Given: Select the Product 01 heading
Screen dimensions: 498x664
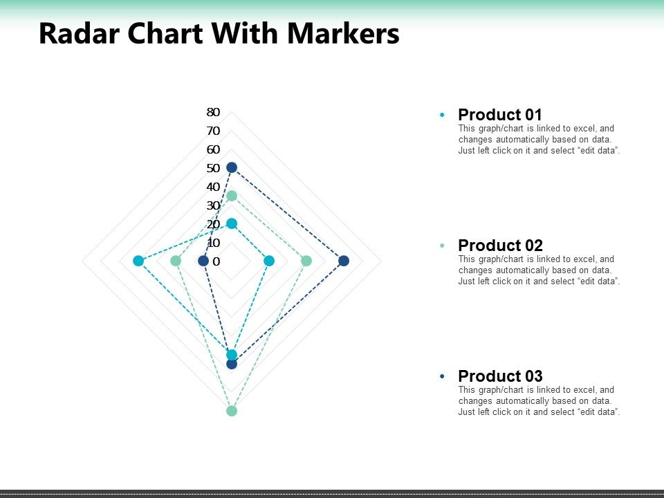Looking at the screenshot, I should (x=500, y=115).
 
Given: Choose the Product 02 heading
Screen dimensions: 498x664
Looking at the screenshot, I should (x=500, y=246).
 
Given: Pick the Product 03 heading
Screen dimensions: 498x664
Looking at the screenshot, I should (x=500, y=376).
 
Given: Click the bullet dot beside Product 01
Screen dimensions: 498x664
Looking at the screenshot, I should (x=442, y=115).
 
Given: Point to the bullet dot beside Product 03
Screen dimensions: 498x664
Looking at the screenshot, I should (x=442, y=376).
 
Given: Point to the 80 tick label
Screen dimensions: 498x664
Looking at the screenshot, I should (x=213, y=112).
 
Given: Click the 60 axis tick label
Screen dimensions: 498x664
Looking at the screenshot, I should (x=213, y=149).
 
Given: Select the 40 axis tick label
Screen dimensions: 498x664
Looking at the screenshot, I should (x=213, y=187).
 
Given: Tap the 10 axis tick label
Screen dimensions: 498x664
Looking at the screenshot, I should (x=213, y=243).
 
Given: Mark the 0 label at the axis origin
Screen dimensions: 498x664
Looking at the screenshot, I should (x=216, y=261).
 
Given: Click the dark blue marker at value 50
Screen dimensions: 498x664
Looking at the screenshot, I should (x=232, y=167).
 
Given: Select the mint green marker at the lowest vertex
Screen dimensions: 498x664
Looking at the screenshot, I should (x=232, y=411).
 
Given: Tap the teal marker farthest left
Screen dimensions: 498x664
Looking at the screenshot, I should (x=138, y=261).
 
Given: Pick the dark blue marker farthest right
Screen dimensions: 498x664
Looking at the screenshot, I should (x=344, y=261).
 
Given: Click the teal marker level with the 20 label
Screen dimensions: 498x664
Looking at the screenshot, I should (x=232, y=223).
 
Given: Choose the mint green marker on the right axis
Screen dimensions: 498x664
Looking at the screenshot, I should (x=306, y=261).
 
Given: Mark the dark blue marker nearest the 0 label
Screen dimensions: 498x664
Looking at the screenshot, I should (x=203, y=261).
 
